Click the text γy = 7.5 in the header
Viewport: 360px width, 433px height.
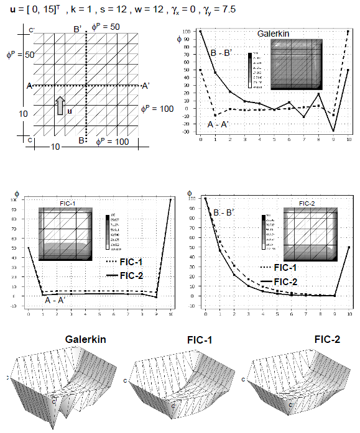click(215, 11)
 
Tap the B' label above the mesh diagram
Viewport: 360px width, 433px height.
click(77, 29)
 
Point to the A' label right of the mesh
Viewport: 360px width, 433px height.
click(145, 86)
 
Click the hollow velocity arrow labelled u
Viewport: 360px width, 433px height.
click(60, 105)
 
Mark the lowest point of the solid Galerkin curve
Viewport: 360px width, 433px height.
click(333, 131)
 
